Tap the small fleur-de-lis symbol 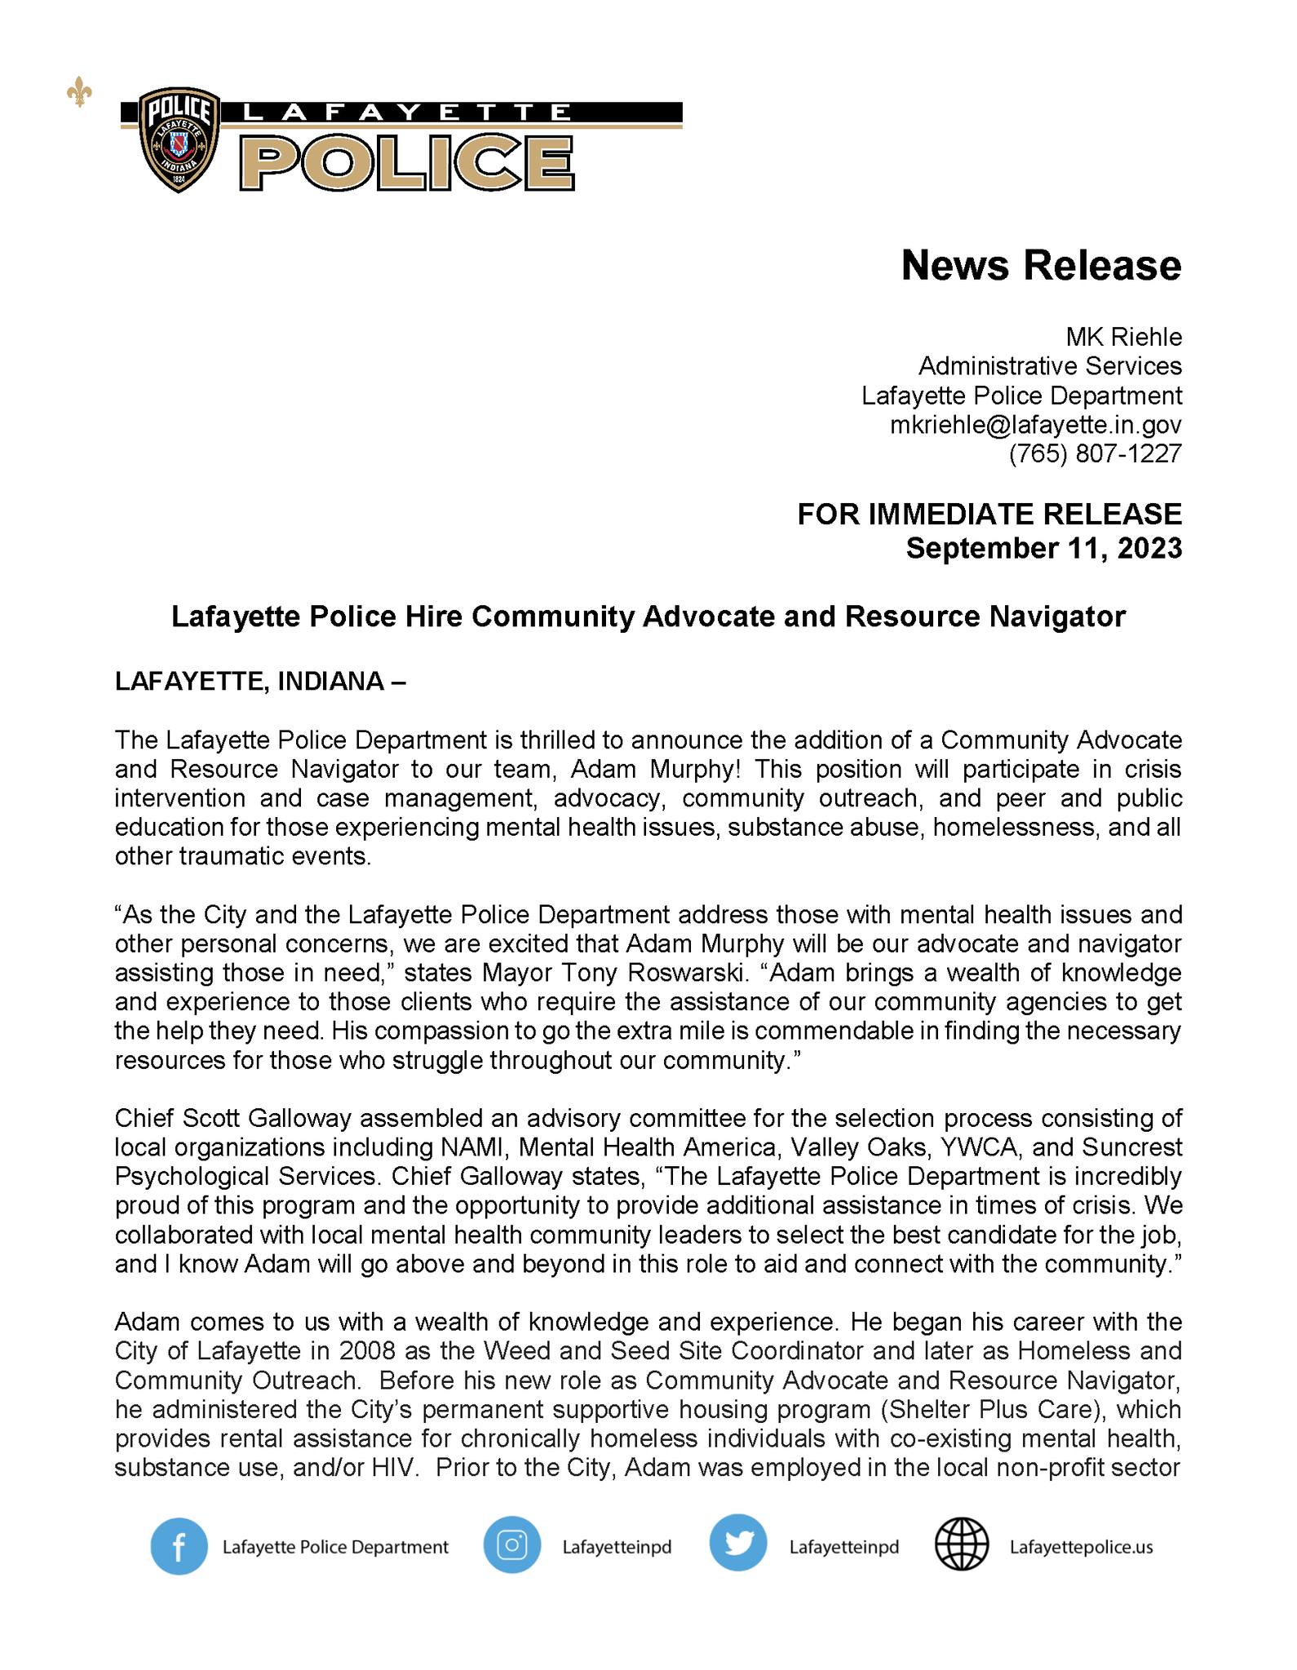click(78, 95)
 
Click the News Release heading click(1041, 266)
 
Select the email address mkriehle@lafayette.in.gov click(1035, 425)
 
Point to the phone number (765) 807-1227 click(1095, 453)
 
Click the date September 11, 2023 click(1043, 548)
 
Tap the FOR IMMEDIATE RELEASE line click(989, 514)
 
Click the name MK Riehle click(1123, 337)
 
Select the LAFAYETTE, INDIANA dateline click(259, 682)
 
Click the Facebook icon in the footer click(179, 1546)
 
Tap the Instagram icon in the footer click(511, 1545)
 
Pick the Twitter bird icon click(737, 1545)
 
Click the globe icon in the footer click(961, 1545)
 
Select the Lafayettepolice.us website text click(1081, 1547)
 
